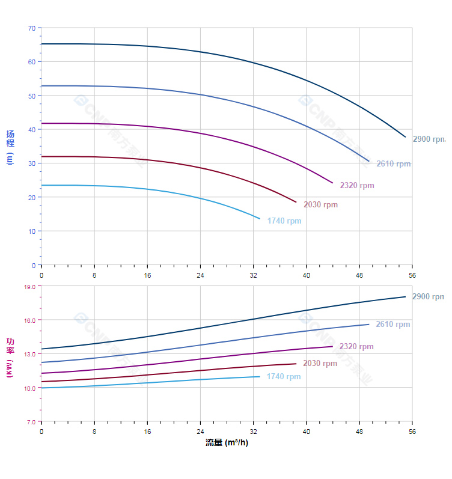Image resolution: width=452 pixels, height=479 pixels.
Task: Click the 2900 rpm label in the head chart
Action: click(x=429, y=139)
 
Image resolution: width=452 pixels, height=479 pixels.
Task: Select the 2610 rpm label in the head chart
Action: click(x=394, y=163)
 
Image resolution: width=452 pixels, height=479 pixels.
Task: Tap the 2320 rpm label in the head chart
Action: click(x=357, y=185)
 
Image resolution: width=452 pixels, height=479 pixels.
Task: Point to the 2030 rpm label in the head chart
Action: click(x=320, y=204)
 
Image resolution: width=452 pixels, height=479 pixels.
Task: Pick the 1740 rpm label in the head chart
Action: click(x=284, y=221)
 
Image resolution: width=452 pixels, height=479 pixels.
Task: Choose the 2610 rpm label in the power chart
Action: click(x=393, y=324)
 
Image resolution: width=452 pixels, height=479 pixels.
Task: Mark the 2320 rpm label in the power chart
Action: click(x=356, y=346)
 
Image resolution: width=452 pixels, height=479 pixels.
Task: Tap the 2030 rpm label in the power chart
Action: click(x=320, y=363)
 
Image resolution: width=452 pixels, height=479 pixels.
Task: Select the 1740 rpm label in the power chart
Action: click(x=284, y=377)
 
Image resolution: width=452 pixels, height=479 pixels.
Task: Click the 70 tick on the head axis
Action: click(x=32, y=28)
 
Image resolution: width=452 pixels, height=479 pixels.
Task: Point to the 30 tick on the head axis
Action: click(x=32, y=163)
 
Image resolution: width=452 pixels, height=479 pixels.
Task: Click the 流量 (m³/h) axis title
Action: click(x=227, y=443)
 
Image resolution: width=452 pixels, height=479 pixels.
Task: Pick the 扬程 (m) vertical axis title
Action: click(x=10, y=147)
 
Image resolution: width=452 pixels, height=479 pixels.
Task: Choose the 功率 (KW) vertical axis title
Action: click(x=10, y=357)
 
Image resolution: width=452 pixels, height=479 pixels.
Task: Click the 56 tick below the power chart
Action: click(x=412, y=432)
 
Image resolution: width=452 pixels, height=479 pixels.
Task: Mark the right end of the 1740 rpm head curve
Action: click(x=260, y=218)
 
